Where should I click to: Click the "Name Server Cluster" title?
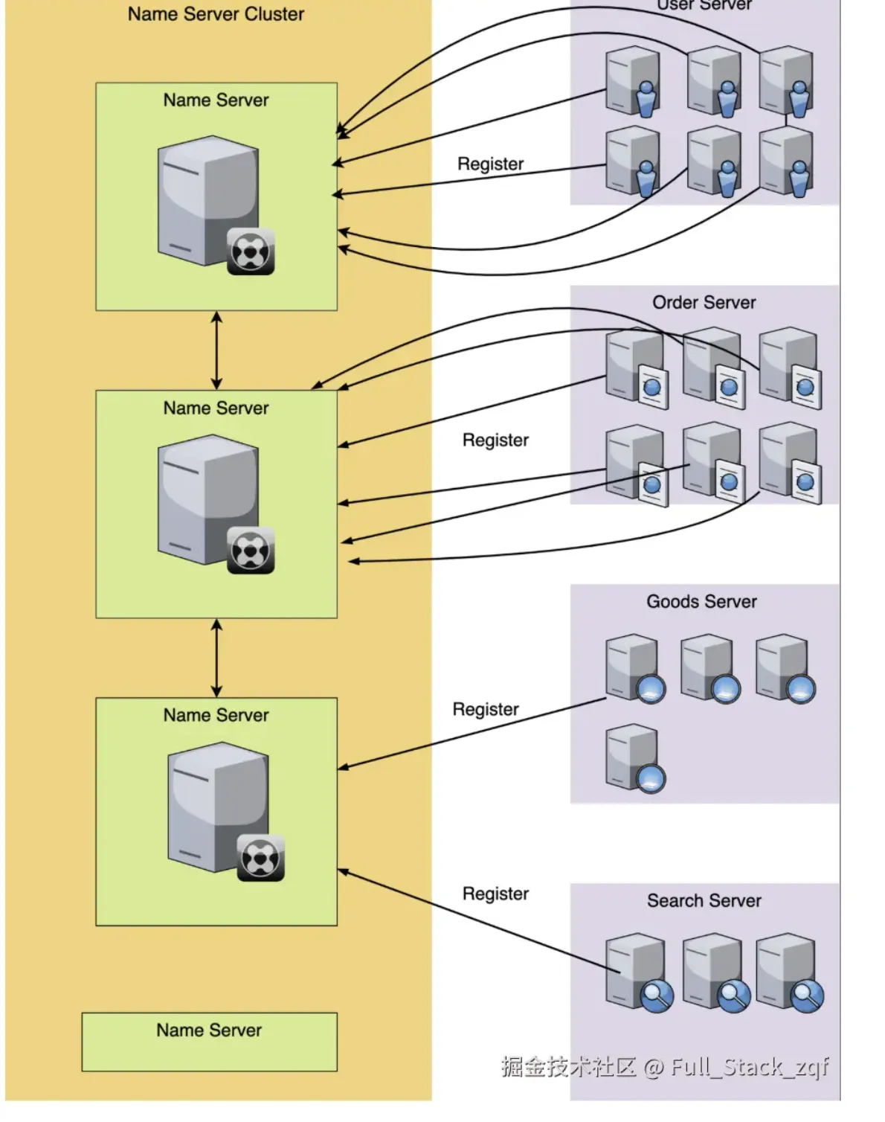pyautogui.click(x=216, y=14)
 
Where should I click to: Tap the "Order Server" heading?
pyautogui.click(x=704, y=303)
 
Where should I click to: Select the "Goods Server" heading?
pyautogui.click(x=701, y=602)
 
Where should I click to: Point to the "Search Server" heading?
pyautogui.click(x=704, y=901)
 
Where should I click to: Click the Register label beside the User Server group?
pyautogui.click(x=490, y=164)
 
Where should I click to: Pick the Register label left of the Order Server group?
pyautogui.click(x=495, y=440)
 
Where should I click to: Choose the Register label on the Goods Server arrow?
pyautogui.click(x=486, y=710)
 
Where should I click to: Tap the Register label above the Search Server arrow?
pyautogui.click(x=495, y=894)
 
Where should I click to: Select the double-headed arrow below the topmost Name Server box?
pyautogui.click(x=216, y=350)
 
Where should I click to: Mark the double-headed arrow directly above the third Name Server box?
pyautogui.click(x=216, y=658)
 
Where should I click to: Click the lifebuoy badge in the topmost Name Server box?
pyautogui.click(x=251, y=252)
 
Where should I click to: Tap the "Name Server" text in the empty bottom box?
pyautogui.click(x=209, y=1030)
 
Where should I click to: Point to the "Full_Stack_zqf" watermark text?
pyautogui.click(x=749, y=1067)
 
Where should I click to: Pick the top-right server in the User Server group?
pyautogui.click(x=787, y=80)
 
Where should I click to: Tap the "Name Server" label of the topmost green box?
pyautogui.click(x=216, y=100)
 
